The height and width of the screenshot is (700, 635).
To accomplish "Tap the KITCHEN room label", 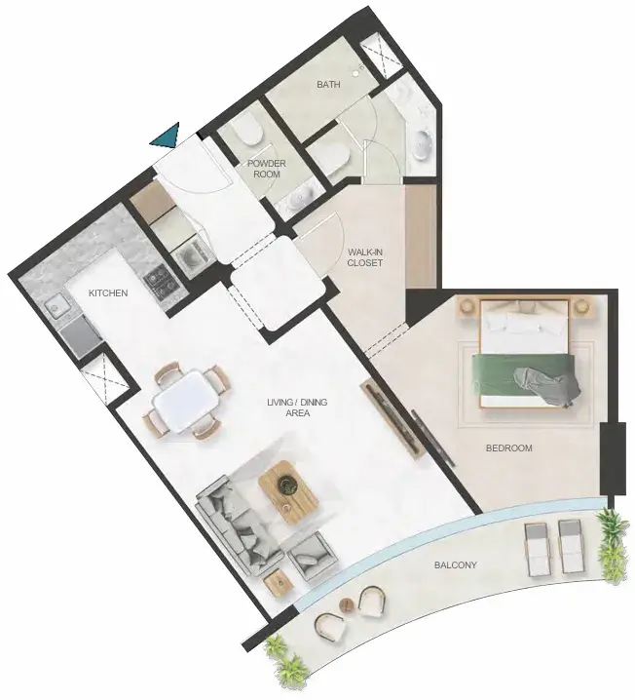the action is click(108, 292).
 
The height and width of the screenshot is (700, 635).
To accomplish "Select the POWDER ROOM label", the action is click(267, 169).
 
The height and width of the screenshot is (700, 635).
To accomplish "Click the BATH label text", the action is click(328, 85).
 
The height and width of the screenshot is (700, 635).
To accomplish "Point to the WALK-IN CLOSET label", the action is click(365, 257).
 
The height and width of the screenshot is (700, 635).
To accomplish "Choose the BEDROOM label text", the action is click(508, 447).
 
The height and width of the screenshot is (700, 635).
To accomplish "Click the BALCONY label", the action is click(456, 564).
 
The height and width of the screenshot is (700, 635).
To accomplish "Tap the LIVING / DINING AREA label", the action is click(297, 408).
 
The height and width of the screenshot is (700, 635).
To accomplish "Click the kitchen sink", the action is click(56, 306).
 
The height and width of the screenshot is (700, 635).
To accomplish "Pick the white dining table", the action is click(185, 400).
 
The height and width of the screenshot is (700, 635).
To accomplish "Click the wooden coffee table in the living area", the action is click(288, 491).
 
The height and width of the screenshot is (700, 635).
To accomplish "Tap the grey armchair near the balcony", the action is click(312, 555).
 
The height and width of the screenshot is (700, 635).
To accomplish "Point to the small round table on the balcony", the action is click(347, 605).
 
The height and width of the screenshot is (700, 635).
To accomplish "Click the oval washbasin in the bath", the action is click(422, 143).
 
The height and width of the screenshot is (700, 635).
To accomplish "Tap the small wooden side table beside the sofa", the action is click(280, 582).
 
